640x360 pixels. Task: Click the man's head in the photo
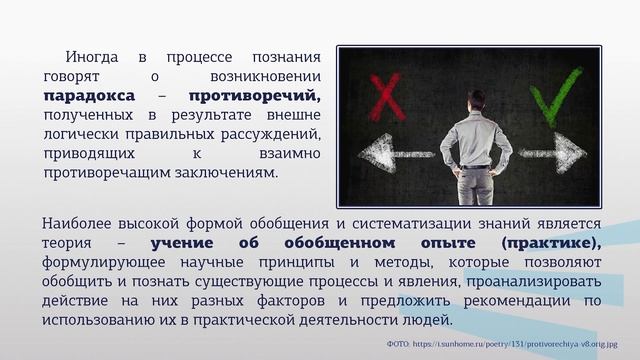[x=476, y=101]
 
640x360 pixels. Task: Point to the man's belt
[x=476, y=166]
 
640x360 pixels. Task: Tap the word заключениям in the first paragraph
[x=226, y=172]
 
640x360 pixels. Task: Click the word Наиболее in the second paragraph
[x=79, y=223]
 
